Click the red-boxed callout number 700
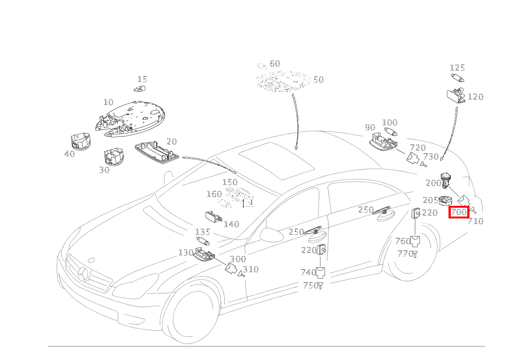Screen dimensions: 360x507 [x=459, y=212]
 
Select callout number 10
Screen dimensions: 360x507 [x=108, y=102]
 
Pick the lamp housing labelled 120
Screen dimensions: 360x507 [x=456, y=96]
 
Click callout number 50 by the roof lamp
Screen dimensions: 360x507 [x=318, y=80]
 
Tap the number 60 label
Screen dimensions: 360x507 [x=275, y=64]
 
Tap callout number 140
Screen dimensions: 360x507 [x=231, y=224]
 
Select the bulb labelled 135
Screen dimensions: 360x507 [x=203, y=241]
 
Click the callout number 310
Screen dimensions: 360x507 [x=251, y=269]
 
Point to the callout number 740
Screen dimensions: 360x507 [x=308, y=272]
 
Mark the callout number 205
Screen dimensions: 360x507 [x=430, y=200]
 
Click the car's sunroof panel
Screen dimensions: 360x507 [x=276, y=160]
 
